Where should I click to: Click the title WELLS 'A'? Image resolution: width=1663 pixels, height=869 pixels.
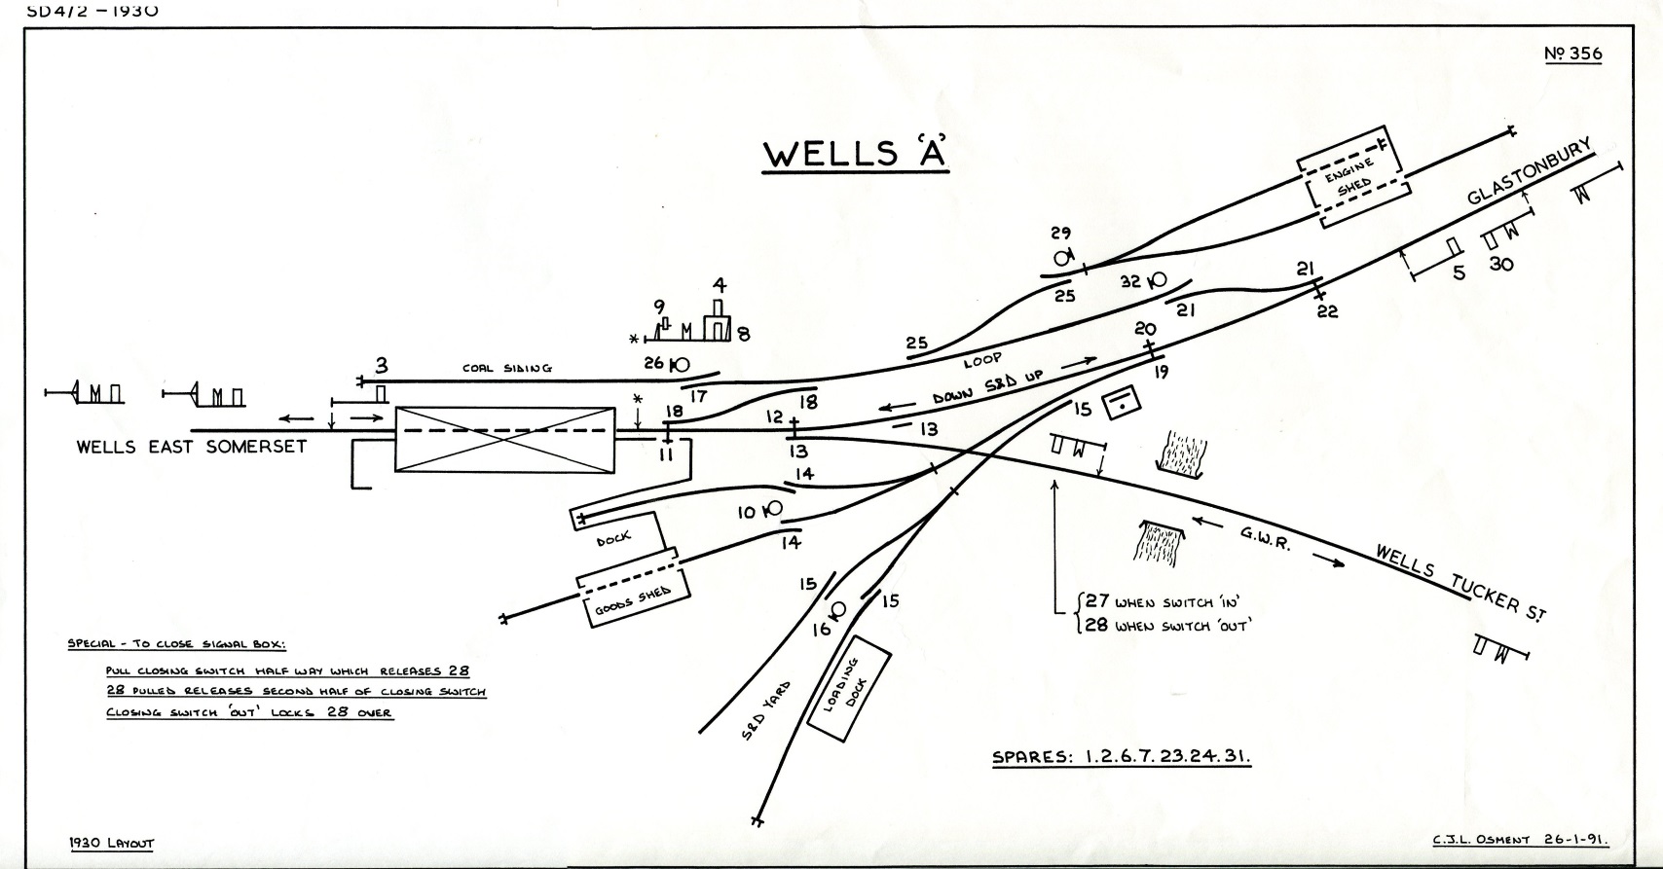pos(855,154)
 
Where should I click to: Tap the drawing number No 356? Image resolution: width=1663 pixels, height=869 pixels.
pos(1572,54)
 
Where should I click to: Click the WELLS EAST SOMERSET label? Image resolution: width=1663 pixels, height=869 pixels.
pos(192,447)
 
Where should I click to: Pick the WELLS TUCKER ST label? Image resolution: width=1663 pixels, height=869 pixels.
pos(1460,582)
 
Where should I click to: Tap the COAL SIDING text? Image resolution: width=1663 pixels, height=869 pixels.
pos(506,368)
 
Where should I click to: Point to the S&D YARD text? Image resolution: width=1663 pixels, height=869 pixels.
pos(766,710)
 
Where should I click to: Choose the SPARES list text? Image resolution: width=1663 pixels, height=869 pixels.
pos(1121,757)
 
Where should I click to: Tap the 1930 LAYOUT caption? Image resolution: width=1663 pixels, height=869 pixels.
pos(111,844)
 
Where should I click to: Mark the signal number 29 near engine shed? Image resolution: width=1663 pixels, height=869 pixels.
pos(1060,234)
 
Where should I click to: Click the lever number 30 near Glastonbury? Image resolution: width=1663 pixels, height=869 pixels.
pos(1501,263)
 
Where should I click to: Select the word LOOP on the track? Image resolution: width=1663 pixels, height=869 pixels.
pos(982,360)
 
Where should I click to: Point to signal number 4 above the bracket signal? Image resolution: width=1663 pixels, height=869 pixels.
pos(719,286)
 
